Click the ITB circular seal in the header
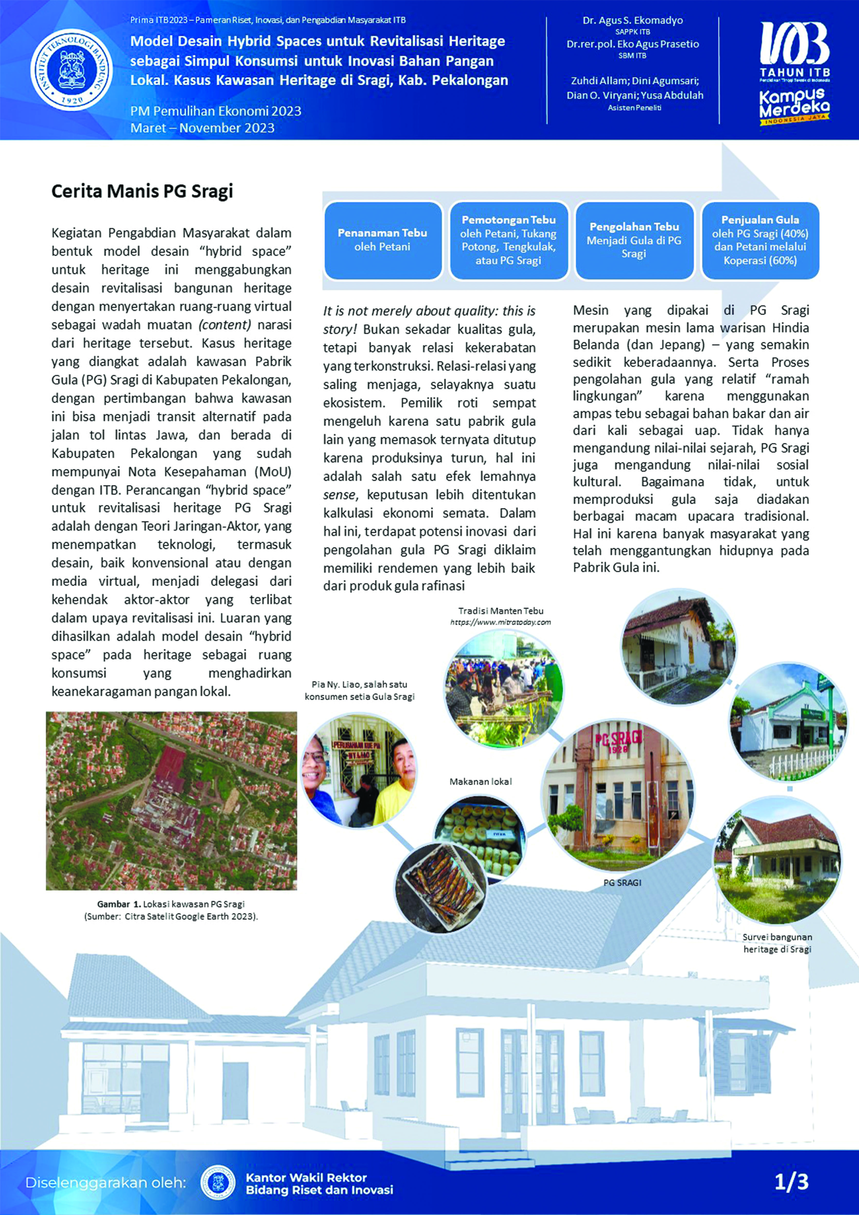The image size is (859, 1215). pyautogui.click(x=72, y=70)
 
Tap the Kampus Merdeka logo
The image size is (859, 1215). pyautogui.click(x=794, y=106)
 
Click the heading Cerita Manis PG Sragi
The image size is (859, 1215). pyautogui.click(x=142, y=191)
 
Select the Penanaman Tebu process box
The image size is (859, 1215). pyautogui.click(x=383, y=240)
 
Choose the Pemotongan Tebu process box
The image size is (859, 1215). pyautogui.click(x=508, y=240)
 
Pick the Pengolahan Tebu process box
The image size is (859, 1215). pyautogui.click(x=634, y=240)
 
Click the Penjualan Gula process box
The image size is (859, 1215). pyautogui.click(x=760, y=240)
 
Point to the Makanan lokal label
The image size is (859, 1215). pyautogui.click(x=481, y=782)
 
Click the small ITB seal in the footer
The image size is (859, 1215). pyautogui.click(x=218, y=1183)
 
